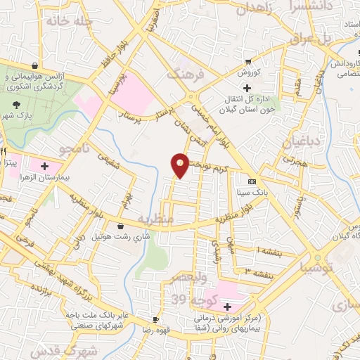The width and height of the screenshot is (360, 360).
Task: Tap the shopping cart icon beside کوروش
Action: pos(246,62)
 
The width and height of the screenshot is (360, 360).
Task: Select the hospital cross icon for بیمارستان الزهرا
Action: pos(45,167)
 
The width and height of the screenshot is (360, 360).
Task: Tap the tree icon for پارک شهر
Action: pos(15,104)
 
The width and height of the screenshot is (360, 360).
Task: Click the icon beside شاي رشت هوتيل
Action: pos(122,227)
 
